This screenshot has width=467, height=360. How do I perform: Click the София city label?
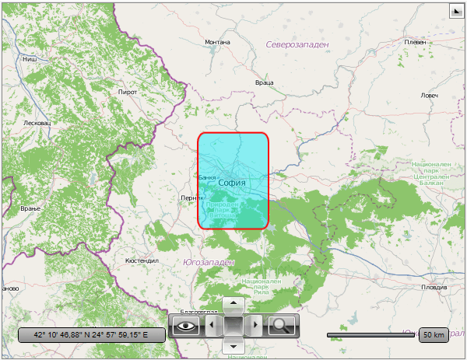coord(232,183)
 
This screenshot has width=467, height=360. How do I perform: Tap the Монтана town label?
coord(217,42)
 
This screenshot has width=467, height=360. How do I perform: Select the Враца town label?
coord(264,82)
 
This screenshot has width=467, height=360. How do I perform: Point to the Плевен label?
coord(414,42)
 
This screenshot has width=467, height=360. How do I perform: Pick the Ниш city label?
coord(30,58)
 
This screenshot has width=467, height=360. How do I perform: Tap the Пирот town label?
coord(127,92)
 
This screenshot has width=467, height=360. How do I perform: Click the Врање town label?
coord(30,209)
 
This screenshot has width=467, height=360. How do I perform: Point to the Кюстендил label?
coord(142,260)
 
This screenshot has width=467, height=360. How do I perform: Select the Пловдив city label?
coord(434,287)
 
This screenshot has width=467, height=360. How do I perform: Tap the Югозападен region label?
coord(208,262)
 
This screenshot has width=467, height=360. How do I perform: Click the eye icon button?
coord(185,326)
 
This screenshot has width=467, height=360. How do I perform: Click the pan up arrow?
coord(233,302)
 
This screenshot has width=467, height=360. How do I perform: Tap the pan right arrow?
coord(257,325)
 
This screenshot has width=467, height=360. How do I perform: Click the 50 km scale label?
coord(433,335)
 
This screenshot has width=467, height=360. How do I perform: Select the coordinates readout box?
coord(91,335)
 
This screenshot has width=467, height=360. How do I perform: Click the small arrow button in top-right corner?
coord(456,12)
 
